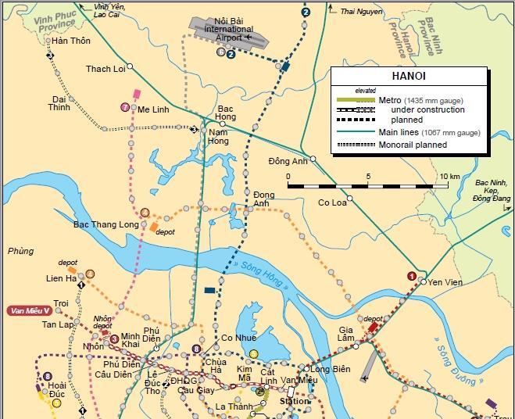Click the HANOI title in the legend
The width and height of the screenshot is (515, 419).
[408, 77]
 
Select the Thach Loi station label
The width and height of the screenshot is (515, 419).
[106, 70]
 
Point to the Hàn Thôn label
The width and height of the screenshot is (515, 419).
[71, 41]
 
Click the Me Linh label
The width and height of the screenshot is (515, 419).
[153, 110]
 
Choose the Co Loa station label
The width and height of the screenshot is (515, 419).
[331, 202]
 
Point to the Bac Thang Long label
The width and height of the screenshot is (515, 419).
[106, 224]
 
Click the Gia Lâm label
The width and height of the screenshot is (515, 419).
[347, 331]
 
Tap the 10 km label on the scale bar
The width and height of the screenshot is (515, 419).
[449, 177]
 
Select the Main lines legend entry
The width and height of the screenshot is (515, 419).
[429, 133]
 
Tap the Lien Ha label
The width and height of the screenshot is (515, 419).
[61, 278]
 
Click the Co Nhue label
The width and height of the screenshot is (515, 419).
[238, 338]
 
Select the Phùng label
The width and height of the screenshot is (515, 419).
[20, 251]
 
